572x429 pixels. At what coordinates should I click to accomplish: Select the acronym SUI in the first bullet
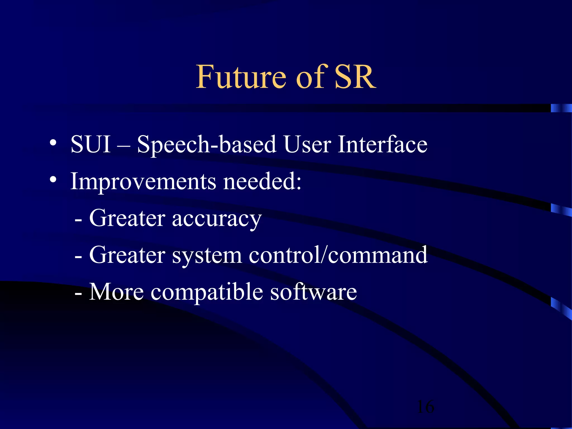coord(91,144)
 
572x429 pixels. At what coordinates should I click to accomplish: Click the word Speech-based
coord(207,145)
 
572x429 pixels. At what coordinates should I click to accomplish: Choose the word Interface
coord(382,144)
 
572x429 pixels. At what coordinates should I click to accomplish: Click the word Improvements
coord(143,182)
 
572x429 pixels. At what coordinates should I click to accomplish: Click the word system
coord(207,256)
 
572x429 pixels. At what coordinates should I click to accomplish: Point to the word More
coord(116,292)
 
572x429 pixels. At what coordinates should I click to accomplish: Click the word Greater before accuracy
coord(127,218)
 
